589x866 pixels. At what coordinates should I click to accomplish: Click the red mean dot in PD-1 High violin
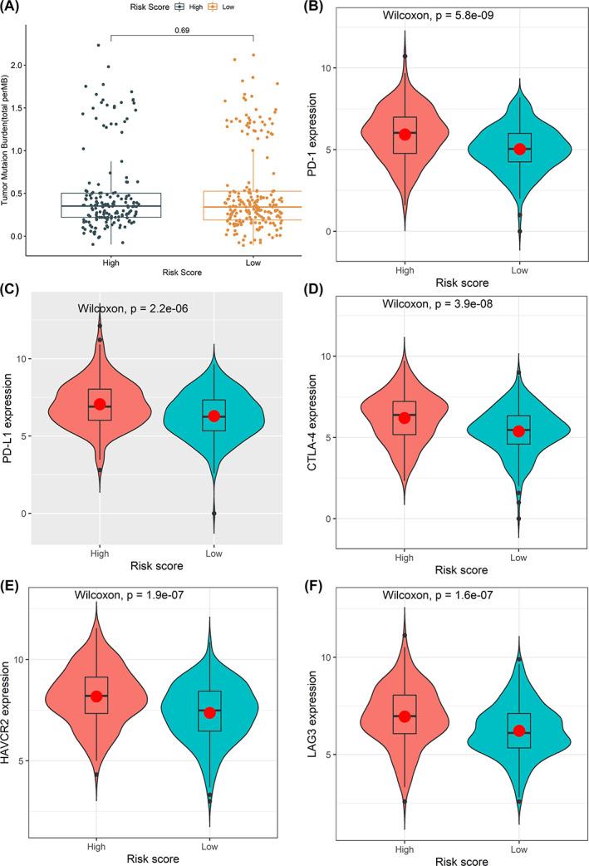(405, 134)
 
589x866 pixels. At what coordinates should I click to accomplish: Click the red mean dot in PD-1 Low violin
(520, 149)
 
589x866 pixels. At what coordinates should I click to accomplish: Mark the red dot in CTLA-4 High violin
(405, 418)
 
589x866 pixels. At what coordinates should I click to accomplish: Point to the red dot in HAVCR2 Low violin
(210, 712)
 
